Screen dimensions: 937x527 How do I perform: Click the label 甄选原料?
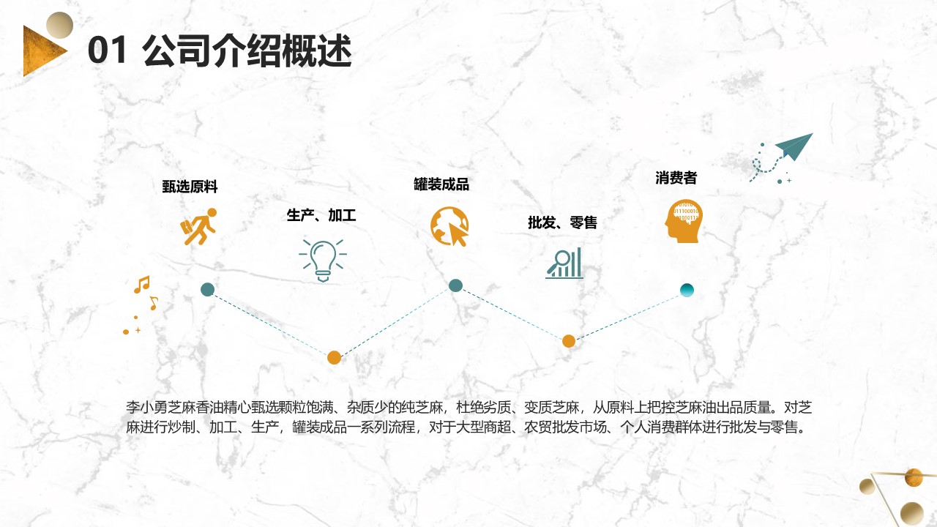190,187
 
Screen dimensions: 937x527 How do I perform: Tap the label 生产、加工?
321,215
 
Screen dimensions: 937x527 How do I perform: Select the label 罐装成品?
441,184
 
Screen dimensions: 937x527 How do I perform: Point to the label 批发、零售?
562,223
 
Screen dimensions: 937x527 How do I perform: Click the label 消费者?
676,178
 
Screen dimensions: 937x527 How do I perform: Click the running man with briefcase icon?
198,226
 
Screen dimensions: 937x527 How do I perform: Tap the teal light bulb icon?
323,261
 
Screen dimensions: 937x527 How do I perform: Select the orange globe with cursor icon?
449,226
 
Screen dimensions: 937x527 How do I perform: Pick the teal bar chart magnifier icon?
564,263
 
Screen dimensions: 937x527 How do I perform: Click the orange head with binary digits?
684,221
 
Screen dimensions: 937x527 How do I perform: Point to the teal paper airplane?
794,146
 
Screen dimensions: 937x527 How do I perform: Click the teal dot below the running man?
207,289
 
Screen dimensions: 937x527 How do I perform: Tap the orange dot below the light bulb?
334,358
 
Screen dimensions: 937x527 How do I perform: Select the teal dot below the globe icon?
455,285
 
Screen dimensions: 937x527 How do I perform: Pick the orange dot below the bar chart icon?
569,341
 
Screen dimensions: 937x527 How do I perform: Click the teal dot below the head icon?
687,290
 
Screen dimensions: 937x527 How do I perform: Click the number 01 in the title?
107,51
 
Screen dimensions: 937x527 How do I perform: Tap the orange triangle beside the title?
42,51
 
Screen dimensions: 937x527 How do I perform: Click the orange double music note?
142,285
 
